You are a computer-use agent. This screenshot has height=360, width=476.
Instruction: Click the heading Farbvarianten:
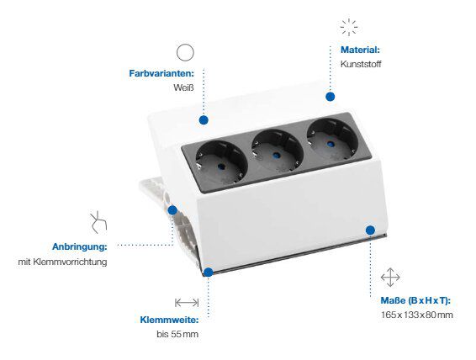click(x=161, y=73)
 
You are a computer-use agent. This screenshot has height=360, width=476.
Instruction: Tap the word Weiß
click(x=183, y=87)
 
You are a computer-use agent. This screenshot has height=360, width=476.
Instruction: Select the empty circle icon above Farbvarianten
click(x=185, y=52)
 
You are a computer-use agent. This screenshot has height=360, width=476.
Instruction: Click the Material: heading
click(x=360, y=50)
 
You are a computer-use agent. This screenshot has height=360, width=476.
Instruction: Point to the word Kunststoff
click(x=361, y=64)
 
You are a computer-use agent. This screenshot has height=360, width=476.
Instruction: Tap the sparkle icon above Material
click(x=349, y=27)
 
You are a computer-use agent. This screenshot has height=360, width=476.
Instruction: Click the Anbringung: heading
click(x=80, y=246)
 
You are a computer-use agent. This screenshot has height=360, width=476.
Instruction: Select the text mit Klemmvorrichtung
click(x=62, y=262)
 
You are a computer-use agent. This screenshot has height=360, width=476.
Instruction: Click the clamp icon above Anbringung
click(x=98, y=222)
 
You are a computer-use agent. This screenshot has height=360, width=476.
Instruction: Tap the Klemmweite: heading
click(x=169, y=320)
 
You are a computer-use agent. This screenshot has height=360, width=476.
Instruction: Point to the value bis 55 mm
click(x=177, y=334)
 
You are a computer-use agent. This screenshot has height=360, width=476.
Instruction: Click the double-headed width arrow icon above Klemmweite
click(x=187, y=303)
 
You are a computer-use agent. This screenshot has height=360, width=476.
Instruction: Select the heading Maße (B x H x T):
click(x=415, y=300)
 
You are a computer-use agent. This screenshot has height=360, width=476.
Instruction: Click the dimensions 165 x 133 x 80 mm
click(x=417, y=315)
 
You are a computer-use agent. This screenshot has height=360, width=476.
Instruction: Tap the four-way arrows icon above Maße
click(x=390, y=277)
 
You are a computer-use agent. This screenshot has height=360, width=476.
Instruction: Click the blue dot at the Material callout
click(x=331, y=97)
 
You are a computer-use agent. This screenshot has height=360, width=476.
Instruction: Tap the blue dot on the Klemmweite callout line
click(x=209, y=273)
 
